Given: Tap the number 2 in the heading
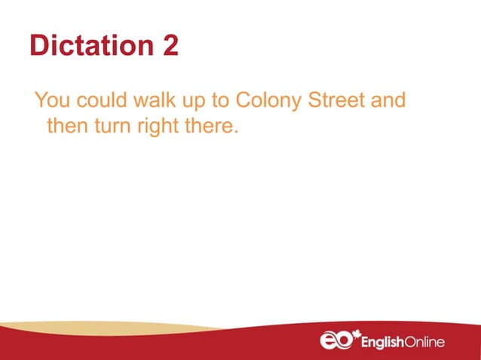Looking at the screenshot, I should click(170, 46).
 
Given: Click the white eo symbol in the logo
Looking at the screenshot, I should click(335, 340).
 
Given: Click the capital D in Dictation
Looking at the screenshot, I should click(40, 46).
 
